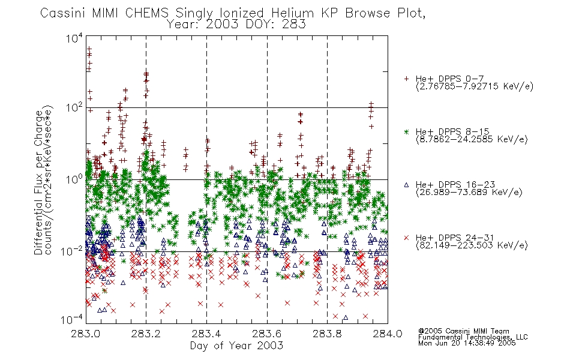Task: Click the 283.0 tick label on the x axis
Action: [86, 334]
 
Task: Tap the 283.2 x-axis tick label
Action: [146, 334]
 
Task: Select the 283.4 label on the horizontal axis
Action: [206, 334]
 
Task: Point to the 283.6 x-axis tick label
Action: [267, 334]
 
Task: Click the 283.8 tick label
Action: [327, 334]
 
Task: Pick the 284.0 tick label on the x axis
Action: [388, 334]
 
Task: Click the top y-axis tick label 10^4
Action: [74, 38]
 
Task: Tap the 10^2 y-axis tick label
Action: [74, 107]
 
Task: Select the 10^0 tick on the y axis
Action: [74, 179]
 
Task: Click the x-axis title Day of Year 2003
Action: [236, 346]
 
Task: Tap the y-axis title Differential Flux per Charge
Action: [39, 182]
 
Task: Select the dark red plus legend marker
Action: [406, 79]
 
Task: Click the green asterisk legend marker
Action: [406, 132]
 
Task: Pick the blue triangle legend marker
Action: [406, 185]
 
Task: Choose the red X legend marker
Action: [406, 238]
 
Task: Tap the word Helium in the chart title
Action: [292, 13]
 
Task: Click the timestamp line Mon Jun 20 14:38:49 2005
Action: [467, 343]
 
